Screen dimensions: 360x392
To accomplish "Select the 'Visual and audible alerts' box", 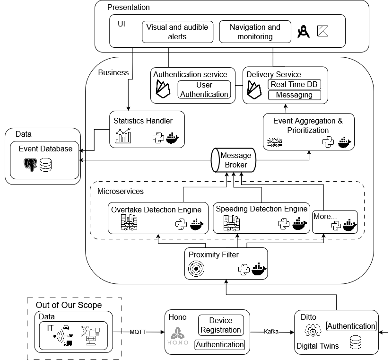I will pyautogui.click(x=177, y=32).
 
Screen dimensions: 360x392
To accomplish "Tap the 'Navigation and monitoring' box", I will pyautogui.click(x=255, y=32).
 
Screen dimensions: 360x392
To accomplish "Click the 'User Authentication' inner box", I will pyautogui.click(x=204, y=89).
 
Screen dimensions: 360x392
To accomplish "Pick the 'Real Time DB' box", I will pyautogui.click(x=294, y=84).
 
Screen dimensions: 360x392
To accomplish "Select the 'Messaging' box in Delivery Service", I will pyautogui.click(x=294, y=95).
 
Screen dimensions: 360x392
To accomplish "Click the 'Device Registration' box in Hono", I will pyautogui.click(x=221, y=325).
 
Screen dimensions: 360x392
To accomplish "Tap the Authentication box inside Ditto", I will pyautogui.click(x=351, y=326).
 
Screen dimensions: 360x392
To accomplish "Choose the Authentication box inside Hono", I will pyautogui.click(x=220, y=345).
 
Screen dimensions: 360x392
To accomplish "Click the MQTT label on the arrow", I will pyautogui.click(x=139, y=333).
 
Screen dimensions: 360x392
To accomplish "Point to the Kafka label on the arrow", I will pyautogui.click(x=271, y=333).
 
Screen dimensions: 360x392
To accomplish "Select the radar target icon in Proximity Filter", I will pyautogui.click(x=196, y=269).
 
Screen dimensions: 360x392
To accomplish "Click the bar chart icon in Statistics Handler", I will pyautogui.click(x=123, y=136).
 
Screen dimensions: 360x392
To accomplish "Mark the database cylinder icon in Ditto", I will pyautogui.click(x=356, y=343).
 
